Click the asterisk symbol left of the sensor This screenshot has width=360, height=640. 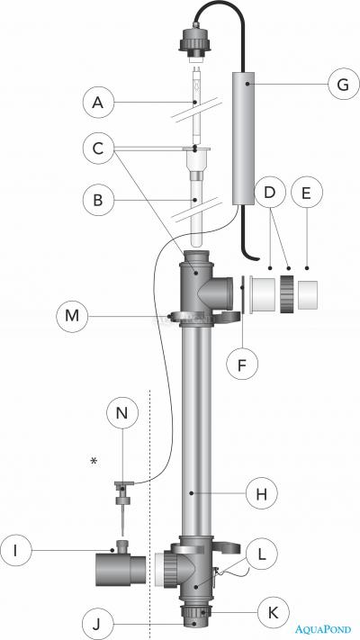point(94,462)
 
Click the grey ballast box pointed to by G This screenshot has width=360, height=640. point(244,140)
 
